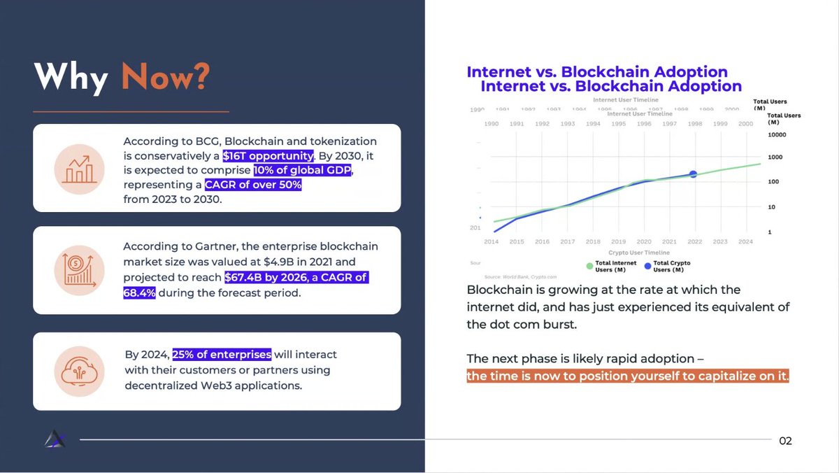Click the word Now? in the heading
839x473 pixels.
click(166, 77)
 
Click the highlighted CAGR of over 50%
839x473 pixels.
click(253, 185)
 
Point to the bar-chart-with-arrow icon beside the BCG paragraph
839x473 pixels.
click(79, 169)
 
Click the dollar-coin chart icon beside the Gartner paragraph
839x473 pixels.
click(79, 270)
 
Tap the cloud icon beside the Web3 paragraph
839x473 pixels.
click(79, 372)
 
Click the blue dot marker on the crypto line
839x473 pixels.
click(693, 174)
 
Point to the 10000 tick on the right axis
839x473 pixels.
click(777, 134)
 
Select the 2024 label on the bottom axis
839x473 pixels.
click(746, 241)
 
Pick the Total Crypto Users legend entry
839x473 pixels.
click(667, 267)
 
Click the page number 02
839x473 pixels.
click(785, 441)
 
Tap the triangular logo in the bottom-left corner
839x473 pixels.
click(55, 439)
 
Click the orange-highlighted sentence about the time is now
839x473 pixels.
click(628, 376)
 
